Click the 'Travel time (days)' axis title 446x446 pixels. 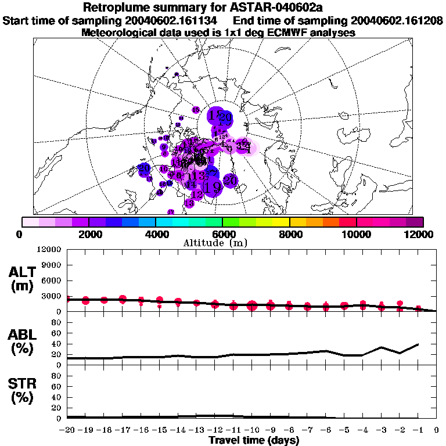point(254,441)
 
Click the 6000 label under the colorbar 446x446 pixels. point(222,234)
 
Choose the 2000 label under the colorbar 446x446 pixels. point(89,234)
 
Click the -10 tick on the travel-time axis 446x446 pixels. point(251,430)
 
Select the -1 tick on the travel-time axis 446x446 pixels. point(417,430)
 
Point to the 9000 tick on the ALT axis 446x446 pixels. point(52,265)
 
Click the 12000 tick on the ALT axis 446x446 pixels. point(50,250)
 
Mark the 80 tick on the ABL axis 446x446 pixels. point(57,322)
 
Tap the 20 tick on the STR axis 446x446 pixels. point(57,408)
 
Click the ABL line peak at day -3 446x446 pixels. point(381,347)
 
